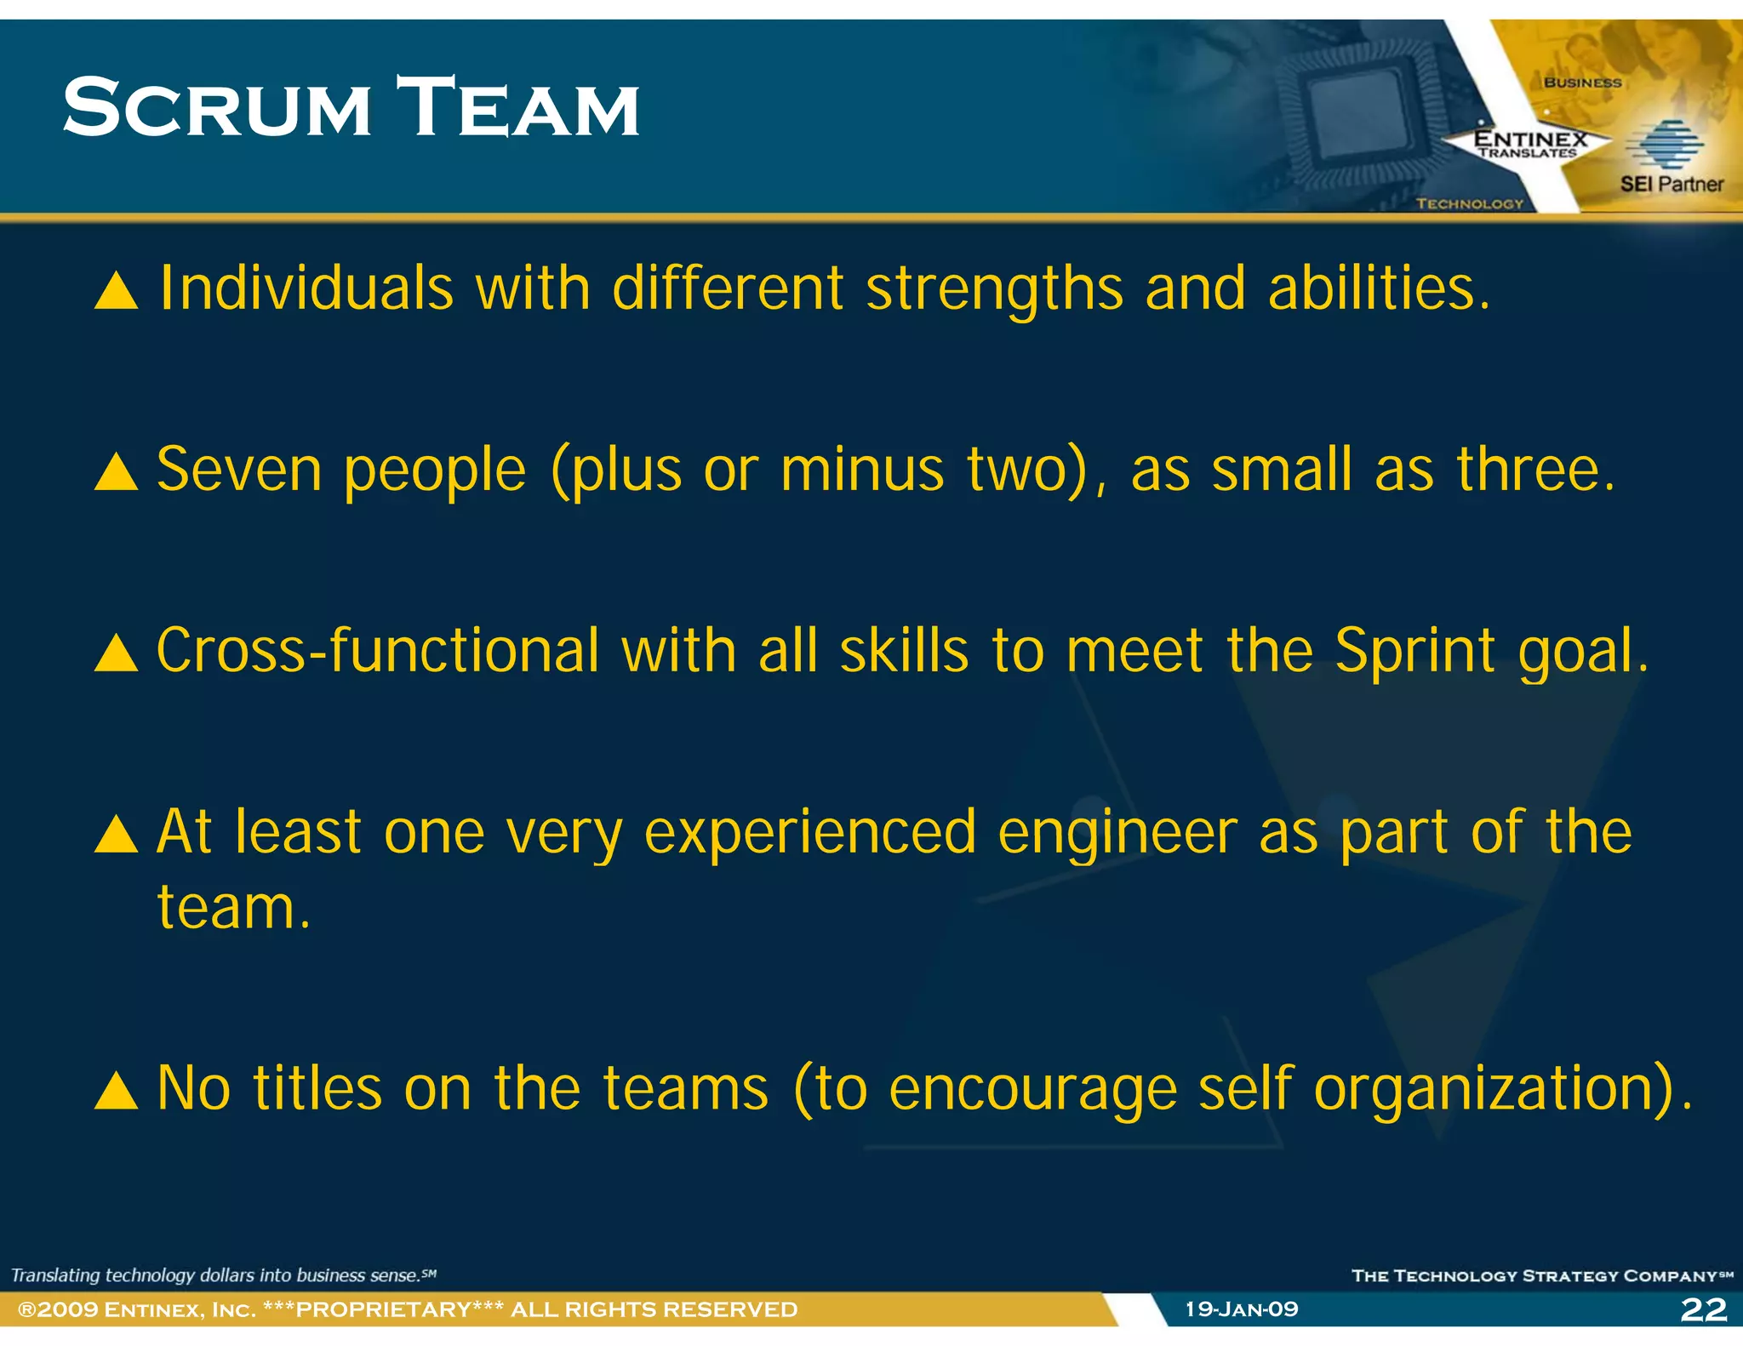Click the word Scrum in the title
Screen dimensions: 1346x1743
pyautogui.click(x=217, y=108)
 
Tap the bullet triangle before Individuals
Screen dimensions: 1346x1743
pyautogui.click(x=116, y=290)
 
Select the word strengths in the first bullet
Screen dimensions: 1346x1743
pyautogui.click(x=994, y=289)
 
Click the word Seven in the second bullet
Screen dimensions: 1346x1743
pyautogui.click(x=239, y=470)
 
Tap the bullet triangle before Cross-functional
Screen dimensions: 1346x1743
pyautogui.click(x=116, y=653)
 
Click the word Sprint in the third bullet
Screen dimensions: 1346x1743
pyautogui.click(x=1414, y=652)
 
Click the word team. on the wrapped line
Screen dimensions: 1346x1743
pyautogui.click(x=234, y=908)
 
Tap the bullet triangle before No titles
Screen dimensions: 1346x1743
pyautogui.click(x=116, y=1091)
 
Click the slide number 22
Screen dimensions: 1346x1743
pyautogui.click(x=1703, y=1309)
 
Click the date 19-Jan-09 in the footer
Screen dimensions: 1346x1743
pyautogui.click(x=1242, y=1309)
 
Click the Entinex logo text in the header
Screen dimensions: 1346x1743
pyautogui.click(x=1530, y=140)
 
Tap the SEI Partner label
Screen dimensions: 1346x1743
pyautogui.click(x=1672, y=184)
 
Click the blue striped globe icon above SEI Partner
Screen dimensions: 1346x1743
pyautogui.click(x=1664, y=145)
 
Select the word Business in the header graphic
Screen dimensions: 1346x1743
pyautogui.click(x=1582, y=83)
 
